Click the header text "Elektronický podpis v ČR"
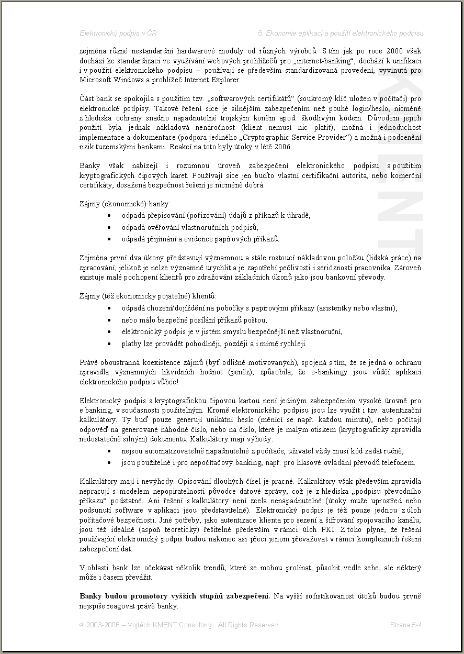tap(118, 33)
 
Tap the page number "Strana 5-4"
tap(406, 625)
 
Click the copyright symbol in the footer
tap(82, 625)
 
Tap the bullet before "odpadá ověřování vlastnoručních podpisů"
tap(108, 227)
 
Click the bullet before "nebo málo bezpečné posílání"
tap(108, 320)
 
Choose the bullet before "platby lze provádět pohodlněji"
tap(108, 344)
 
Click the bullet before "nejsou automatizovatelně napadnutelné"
tap(108, 451)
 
